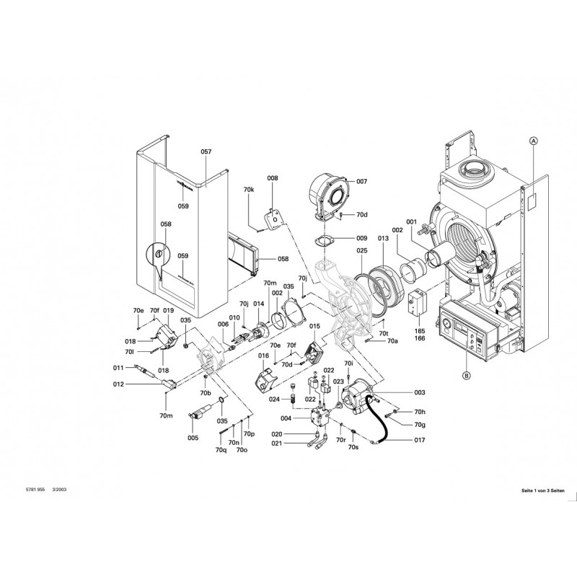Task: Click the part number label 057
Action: pyautogui.click(x=206, y=152)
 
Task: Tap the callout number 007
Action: pyautogui.click(x=361, y=182)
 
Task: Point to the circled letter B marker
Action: pyautogui.click(x=465, y=375)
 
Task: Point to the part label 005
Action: pyautogui.click(x=193, y=438)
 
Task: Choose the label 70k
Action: pyautogui.click(x=249, y=189)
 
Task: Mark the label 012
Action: pyautogui.click(x=119, y=384)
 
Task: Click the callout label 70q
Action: pyautogui.click(x=221, y=449)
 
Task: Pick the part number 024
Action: pyautogui.click(x=274, y=399)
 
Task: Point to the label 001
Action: pyautogui.click(x=411, y=221)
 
